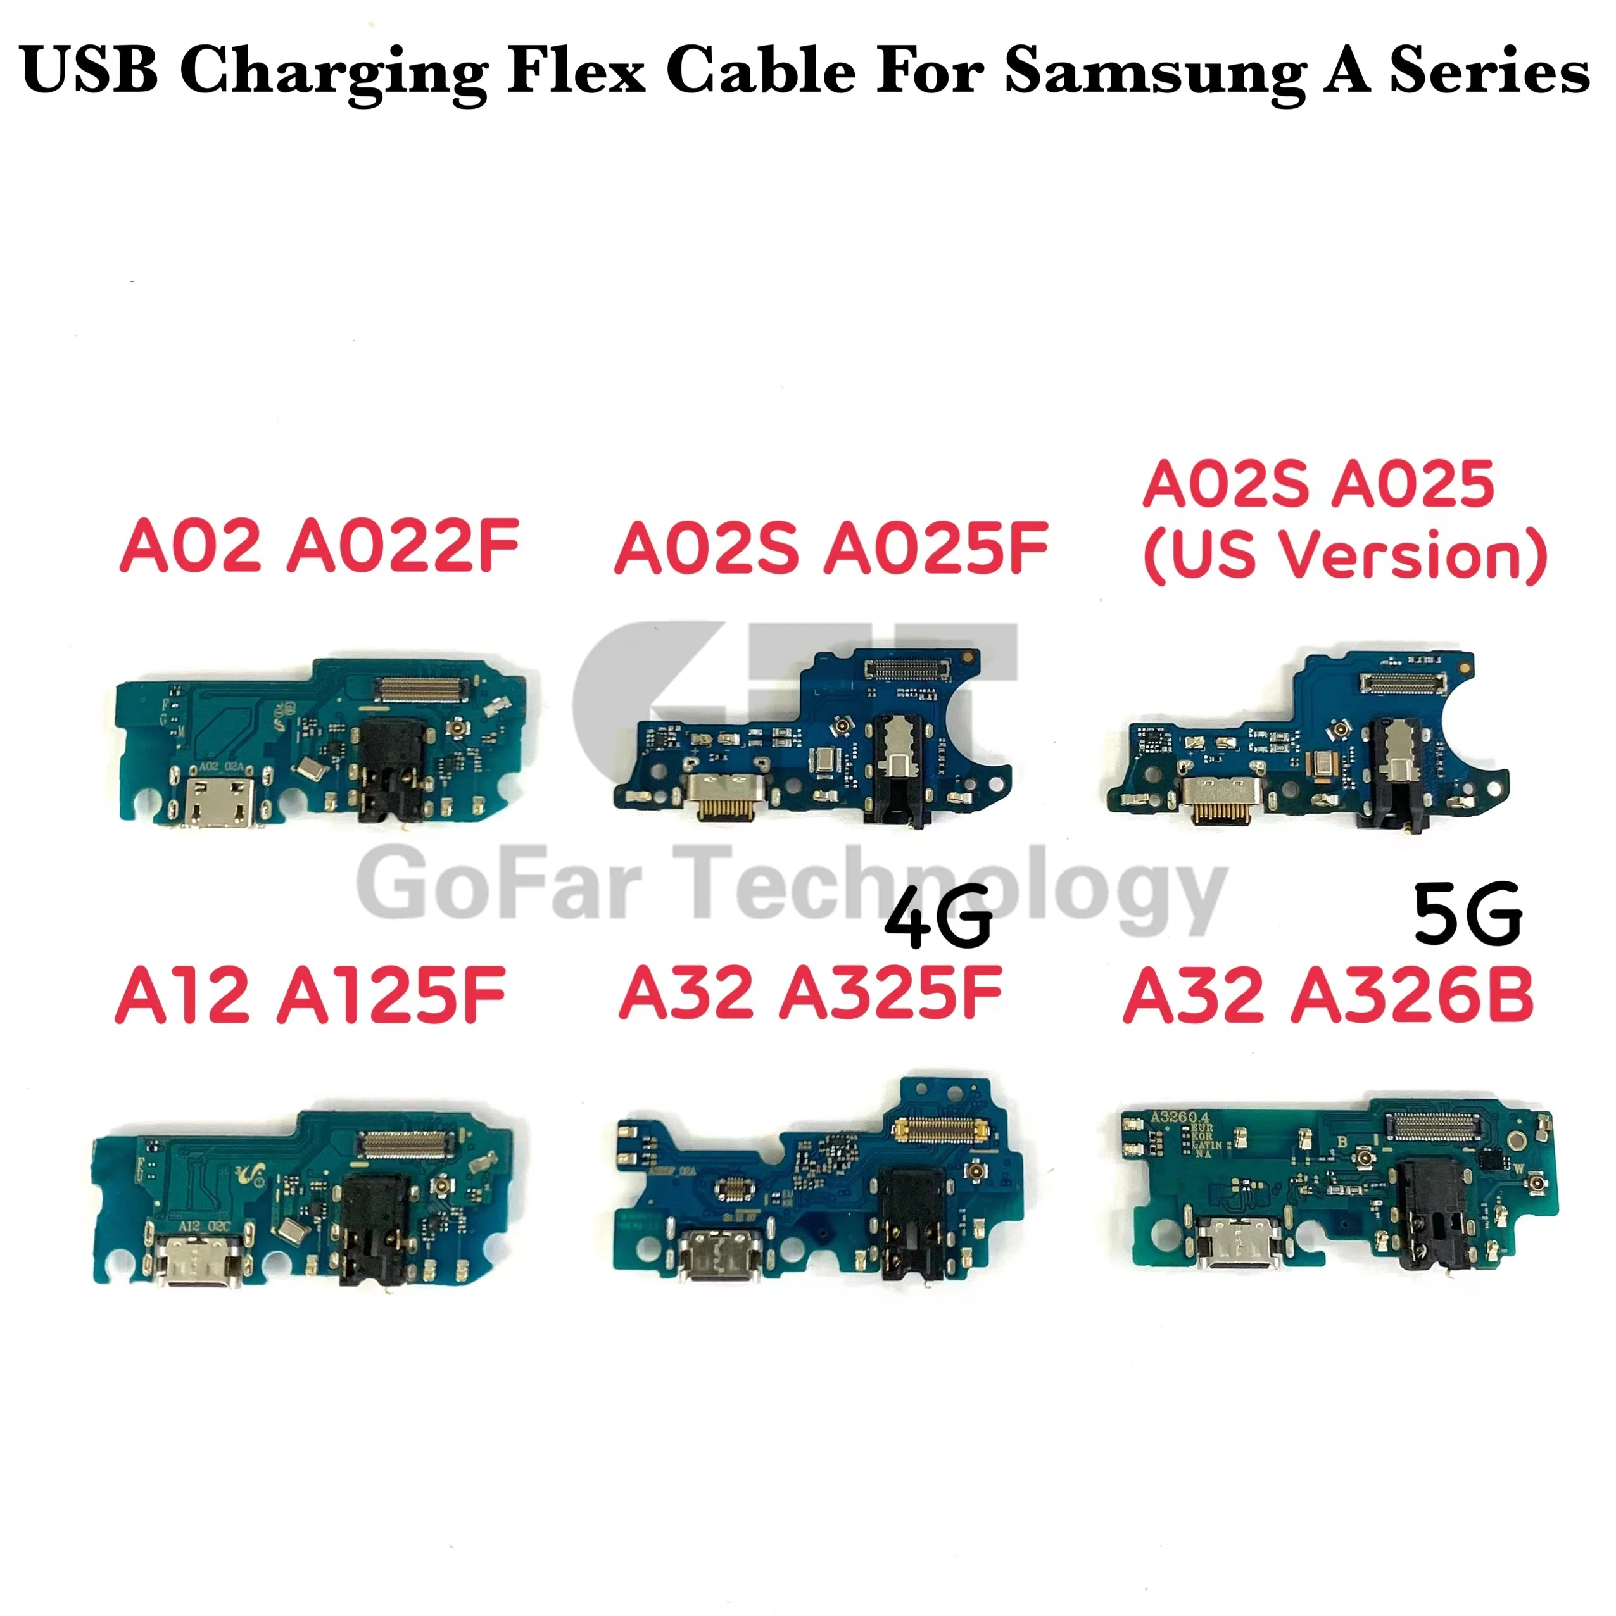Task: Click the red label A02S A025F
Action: coord(831,549)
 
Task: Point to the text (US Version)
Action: coord(1345,555)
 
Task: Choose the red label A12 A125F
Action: coord(311,995)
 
